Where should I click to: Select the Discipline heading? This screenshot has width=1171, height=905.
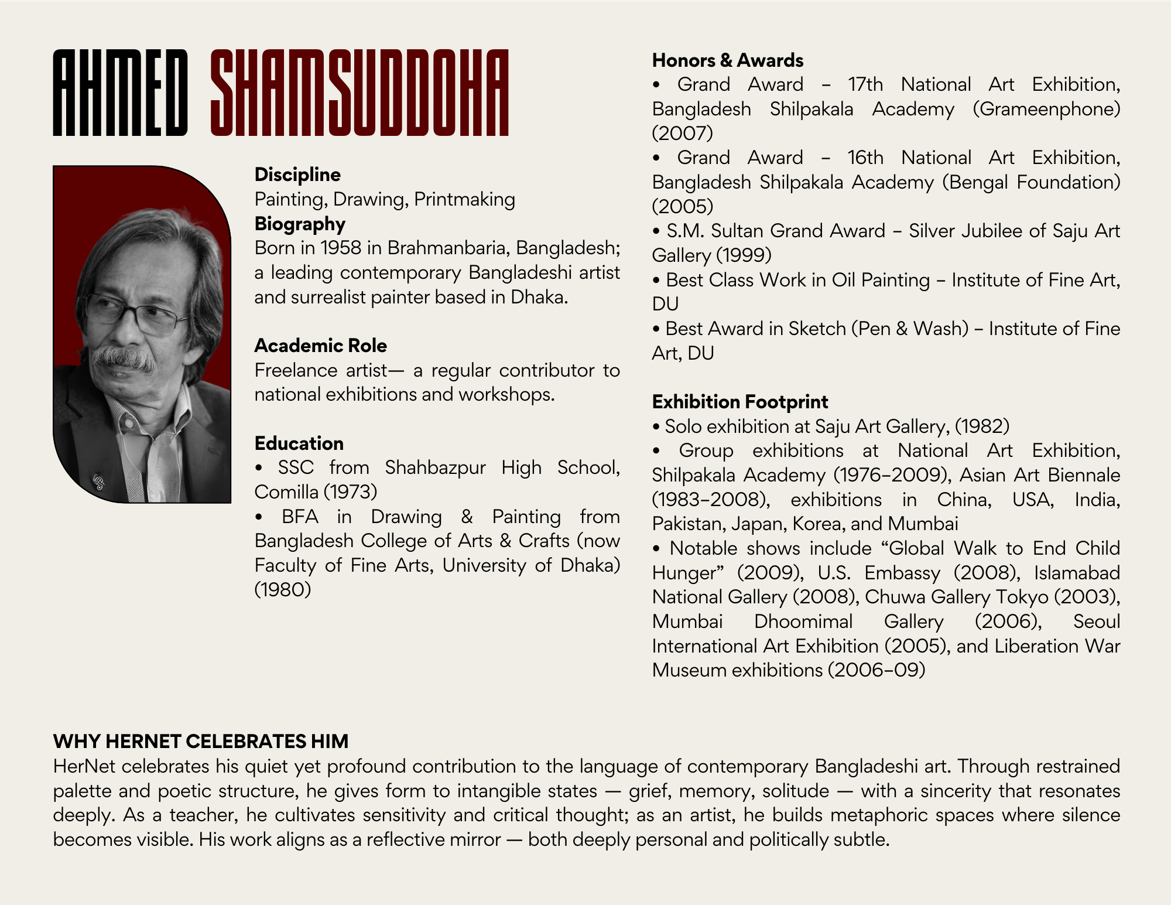point(297,175)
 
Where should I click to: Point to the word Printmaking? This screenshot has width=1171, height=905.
point(464,199)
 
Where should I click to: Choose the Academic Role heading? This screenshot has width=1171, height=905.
point(320,346)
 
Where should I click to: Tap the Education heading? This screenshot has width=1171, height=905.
point(299,443)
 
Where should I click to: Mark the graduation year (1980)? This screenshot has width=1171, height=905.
point(282,589)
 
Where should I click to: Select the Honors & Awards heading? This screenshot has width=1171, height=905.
point(727,60)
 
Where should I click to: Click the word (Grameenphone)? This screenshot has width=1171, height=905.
point(1046,109)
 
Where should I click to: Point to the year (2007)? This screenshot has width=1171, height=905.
point(682,134)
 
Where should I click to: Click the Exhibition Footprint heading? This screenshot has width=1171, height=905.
point(740,402)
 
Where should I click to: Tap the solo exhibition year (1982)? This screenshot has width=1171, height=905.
point(982,426)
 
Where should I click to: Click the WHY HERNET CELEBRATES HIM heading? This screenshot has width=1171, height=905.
point(200,742)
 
